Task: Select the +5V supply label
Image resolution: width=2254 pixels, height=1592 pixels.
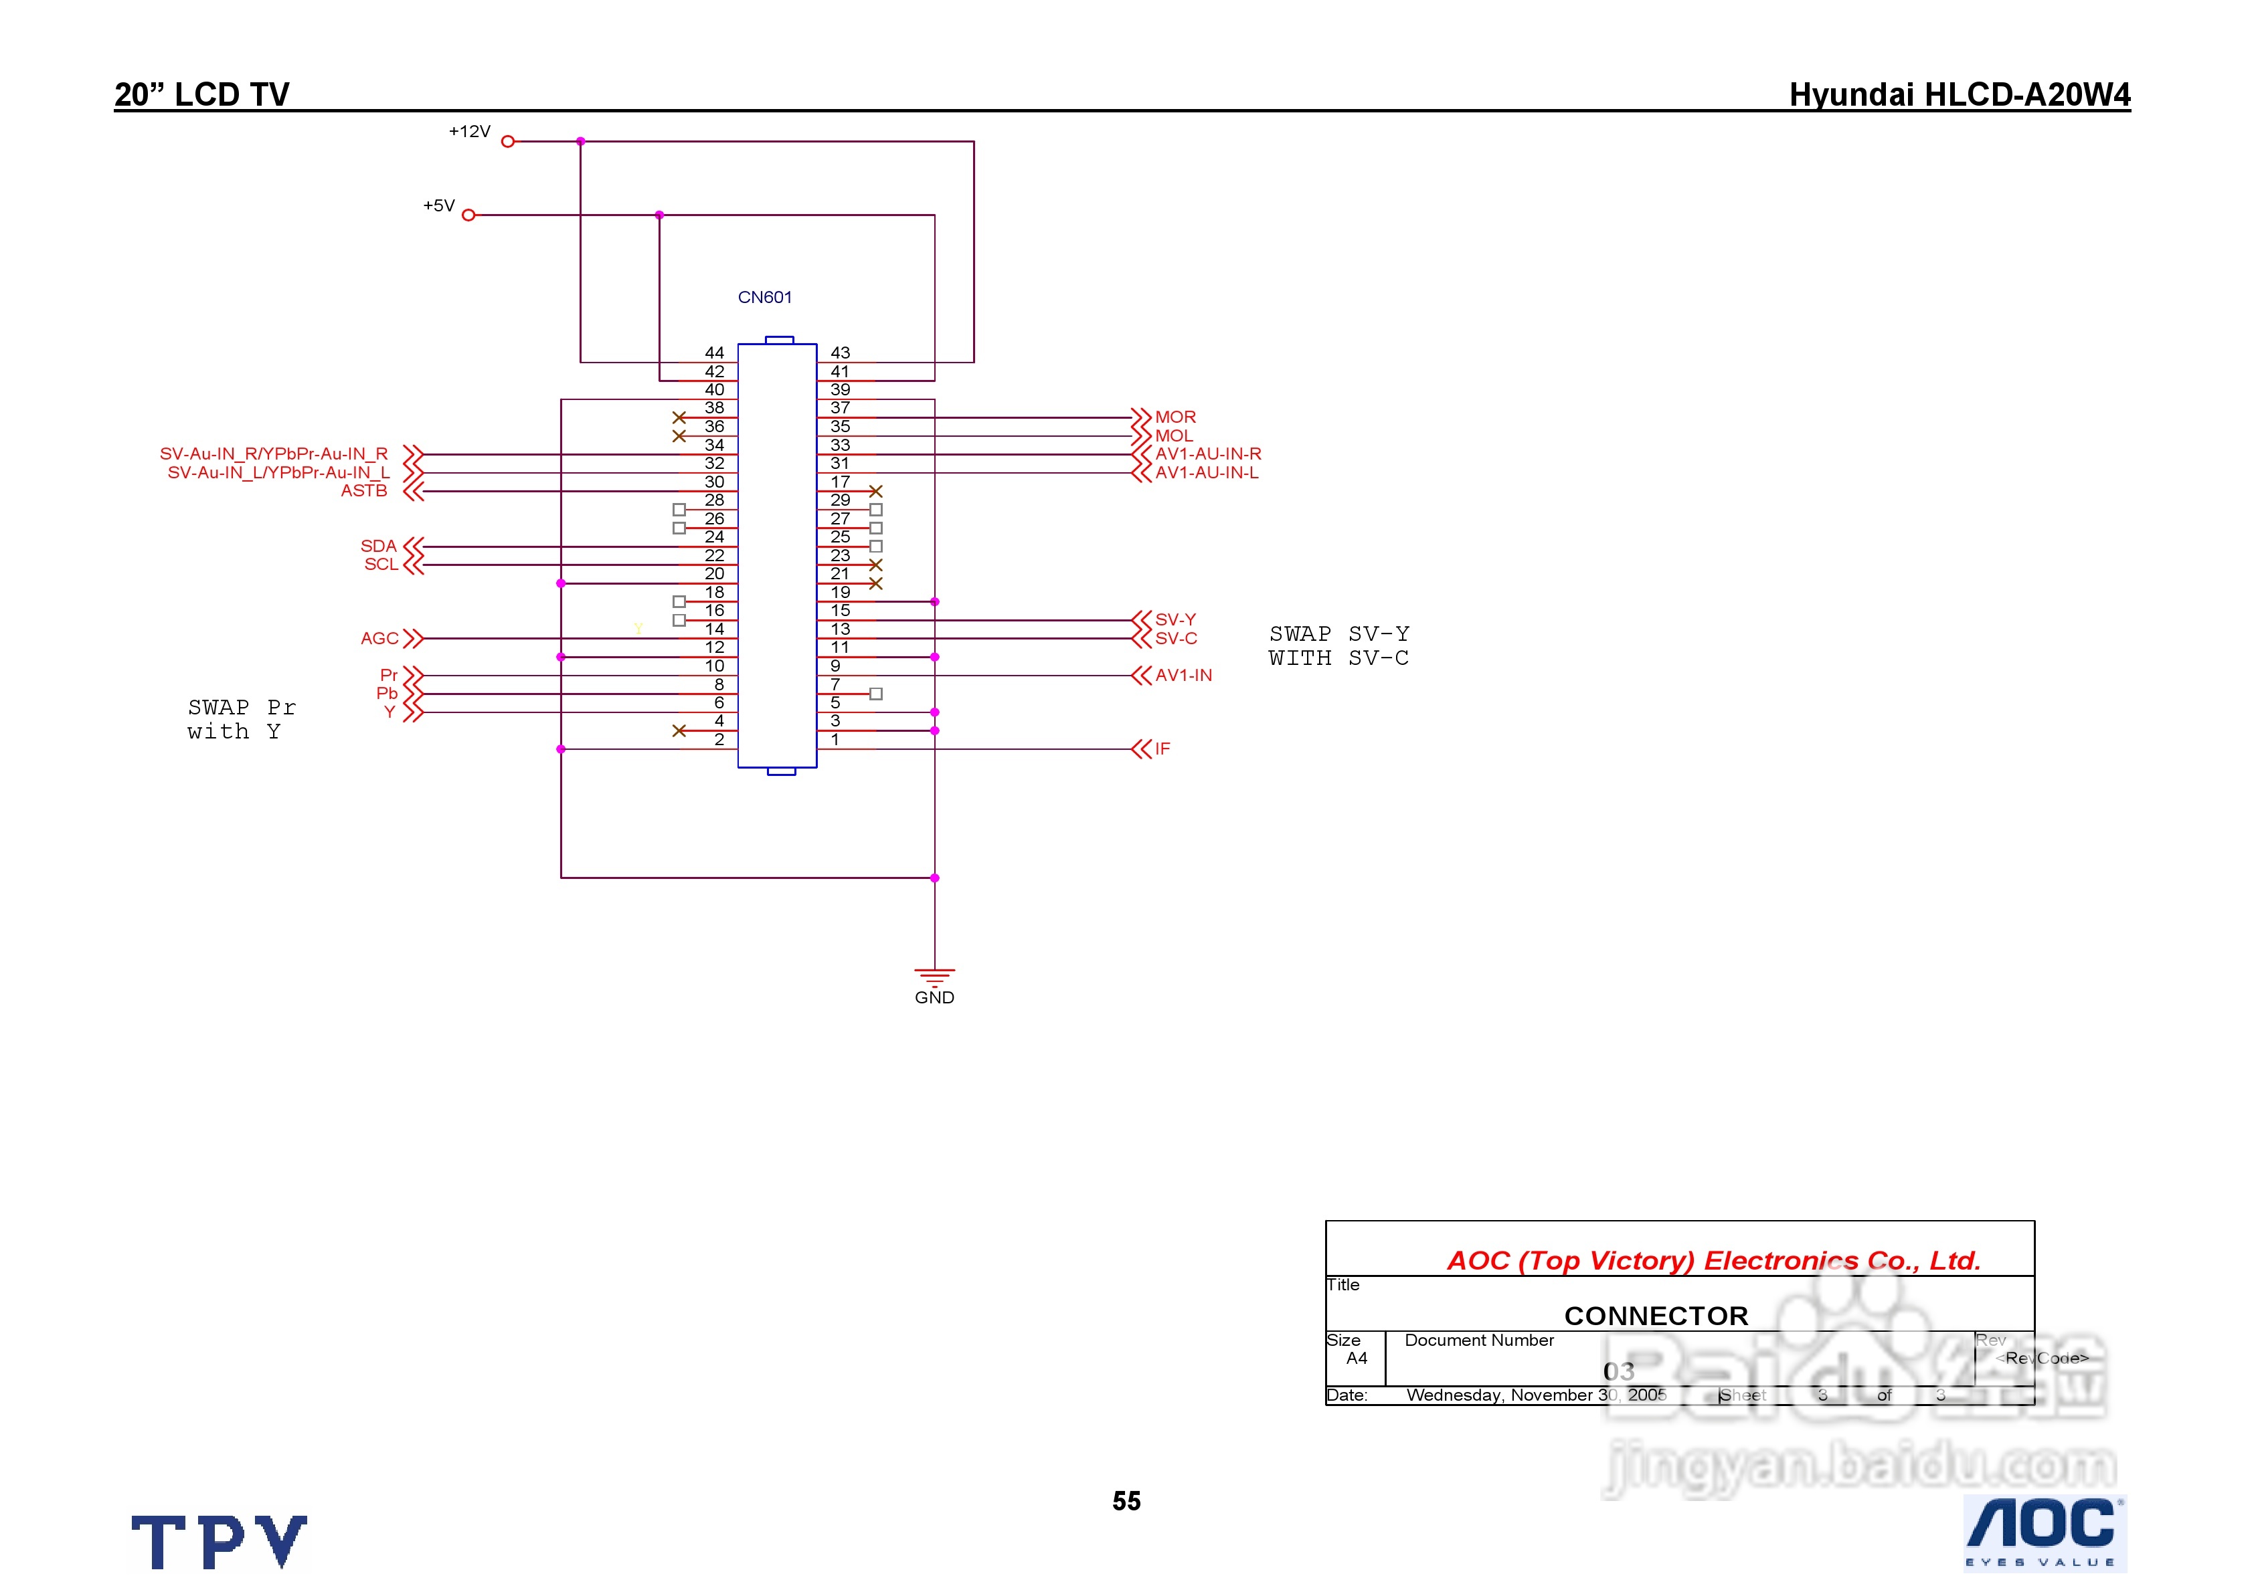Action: pyautogui.click(x=439, y=206)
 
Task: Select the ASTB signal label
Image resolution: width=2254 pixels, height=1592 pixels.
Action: pyautogui.click(x=364, y=491)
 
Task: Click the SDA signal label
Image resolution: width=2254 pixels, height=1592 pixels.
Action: pyautogui.click(x=378, y=546)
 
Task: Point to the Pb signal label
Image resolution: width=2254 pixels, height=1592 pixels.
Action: pyautogui.click(x=387, y=693)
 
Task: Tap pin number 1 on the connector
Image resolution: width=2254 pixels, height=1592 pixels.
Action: pyautogui.click(x=835, y=739)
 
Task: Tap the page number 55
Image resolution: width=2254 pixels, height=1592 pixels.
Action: pyautogui.click(x=1126, y=1501)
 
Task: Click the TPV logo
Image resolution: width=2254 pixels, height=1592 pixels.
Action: pyautogui.click(x=219, y=1541)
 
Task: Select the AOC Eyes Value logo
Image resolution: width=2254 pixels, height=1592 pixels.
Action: pyautogui.click(x=2043, y=1532)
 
